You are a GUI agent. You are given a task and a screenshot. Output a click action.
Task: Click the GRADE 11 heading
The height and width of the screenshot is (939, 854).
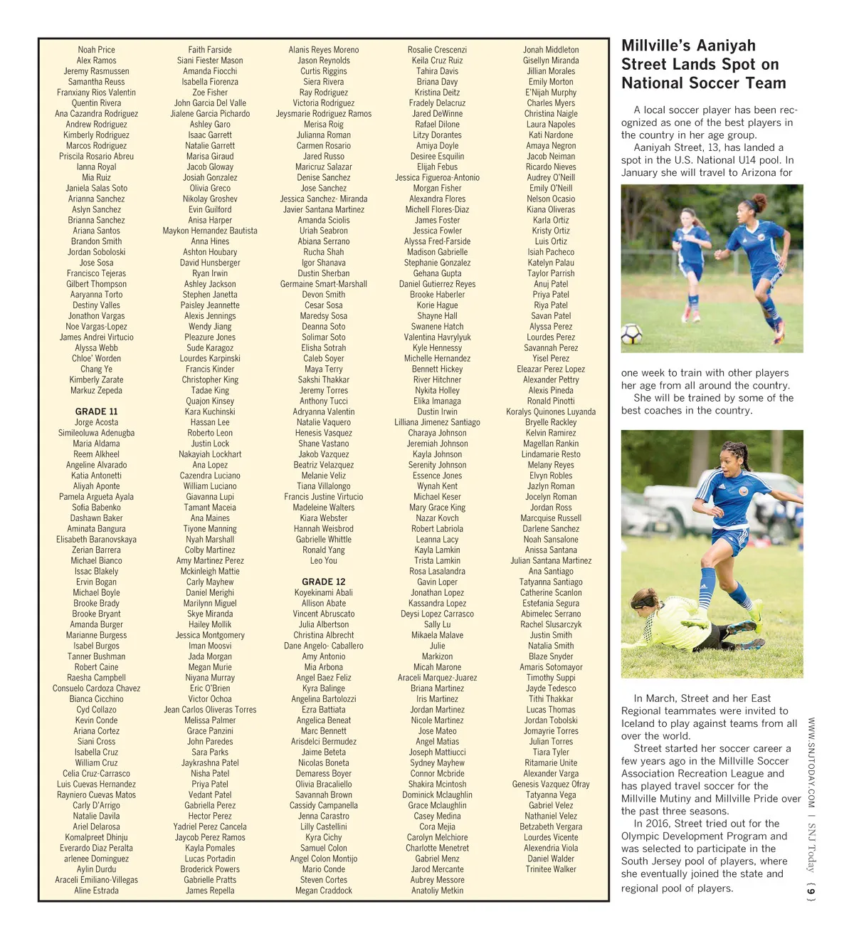(96, 411)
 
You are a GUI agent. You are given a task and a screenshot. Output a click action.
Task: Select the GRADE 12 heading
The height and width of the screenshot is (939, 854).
(323, 582)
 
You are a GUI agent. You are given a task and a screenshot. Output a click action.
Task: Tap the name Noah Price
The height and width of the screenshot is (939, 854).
(96, 50)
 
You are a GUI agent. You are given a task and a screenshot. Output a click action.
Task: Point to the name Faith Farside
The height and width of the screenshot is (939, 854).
(210, 50)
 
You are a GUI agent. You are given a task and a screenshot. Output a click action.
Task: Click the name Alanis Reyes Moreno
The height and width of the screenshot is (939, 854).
(323, 50)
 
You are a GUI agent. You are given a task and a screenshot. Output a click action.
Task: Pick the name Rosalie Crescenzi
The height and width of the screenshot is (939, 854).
(437, 50)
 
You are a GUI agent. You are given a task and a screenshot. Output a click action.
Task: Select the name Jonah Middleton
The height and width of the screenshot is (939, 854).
(551, 50)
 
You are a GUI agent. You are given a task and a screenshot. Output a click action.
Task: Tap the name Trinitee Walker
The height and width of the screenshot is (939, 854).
(551, 869)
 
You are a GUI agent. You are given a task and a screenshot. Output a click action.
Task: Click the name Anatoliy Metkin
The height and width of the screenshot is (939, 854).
(437, 891)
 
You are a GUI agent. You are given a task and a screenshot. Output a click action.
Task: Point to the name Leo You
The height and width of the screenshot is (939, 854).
(323, 561)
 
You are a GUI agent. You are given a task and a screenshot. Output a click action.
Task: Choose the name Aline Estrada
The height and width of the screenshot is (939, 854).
(96, 891)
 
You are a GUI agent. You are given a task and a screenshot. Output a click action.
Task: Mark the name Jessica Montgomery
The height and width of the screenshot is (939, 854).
(210, 635)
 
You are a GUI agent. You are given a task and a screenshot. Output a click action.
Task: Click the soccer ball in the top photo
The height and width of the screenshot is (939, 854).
(631, 333)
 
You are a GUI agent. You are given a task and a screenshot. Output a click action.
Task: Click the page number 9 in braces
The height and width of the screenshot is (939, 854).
(811, 891)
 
